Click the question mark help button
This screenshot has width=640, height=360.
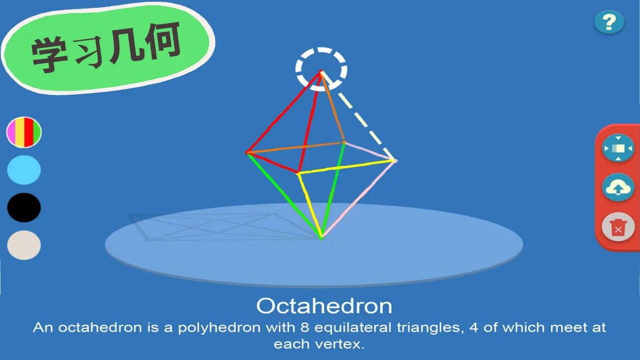(609, 22)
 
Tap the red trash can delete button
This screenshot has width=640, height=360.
(618, 227)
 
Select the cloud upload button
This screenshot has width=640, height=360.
(618, 188)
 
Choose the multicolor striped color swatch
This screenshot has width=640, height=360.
(24, 132)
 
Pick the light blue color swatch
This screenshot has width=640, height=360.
(24, 170)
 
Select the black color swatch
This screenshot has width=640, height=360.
(24, 208)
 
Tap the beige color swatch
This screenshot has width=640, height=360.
(24, 245)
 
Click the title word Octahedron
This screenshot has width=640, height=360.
(324, 306)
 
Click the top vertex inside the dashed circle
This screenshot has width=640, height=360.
(321, 72)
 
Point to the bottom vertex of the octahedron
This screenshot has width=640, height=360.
(321, 238)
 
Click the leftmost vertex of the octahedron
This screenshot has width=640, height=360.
(247, 153)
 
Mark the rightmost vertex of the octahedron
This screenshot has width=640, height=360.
(395, 161)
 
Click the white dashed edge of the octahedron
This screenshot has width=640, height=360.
(358, 116)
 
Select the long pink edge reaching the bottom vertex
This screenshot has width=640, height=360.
(358, 199)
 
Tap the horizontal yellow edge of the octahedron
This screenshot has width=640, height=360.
(346, 167)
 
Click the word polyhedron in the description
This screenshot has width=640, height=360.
(219, 328)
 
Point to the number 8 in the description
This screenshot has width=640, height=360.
(304, 328)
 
